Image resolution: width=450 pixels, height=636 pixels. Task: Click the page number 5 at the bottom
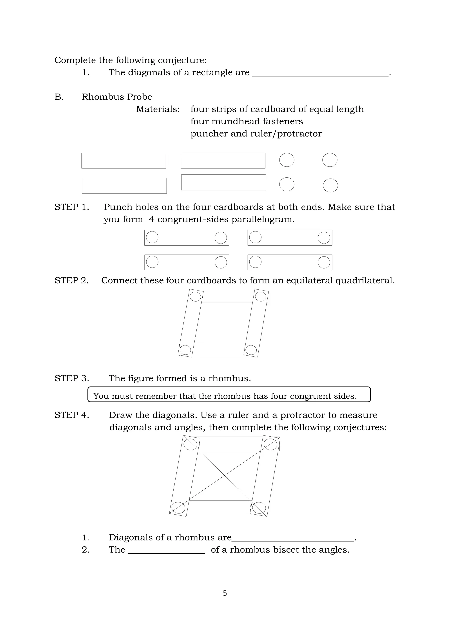click(x=225, y=593)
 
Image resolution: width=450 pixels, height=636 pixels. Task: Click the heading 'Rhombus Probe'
click(x=117, y=97)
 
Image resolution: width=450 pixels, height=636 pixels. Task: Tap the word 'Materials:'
click(x=158, y=109)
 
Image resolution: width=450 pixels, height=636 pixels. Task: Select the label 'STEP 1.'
click(x=72, y=207)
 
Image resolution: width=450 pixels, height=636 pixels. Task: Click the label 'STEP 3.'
click(x=72, y=378)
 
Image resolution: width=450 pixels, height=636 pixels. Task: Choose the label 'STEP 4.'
click(x=72, y=415)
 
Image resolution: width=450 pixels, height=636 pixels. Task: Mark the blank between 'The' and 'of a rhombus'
click(x=167, y=551)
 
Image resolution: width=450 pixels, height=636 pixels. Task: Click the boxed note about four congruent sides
click(x=229, y=394)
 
